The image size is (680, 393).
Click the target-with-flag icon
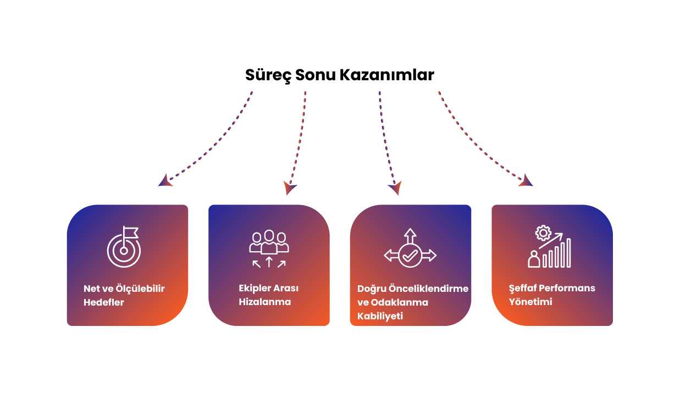coord(124,248)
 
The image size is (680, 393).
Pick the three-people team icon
coord(269,242)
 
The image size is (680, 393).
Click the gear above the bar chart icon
coord(543,233)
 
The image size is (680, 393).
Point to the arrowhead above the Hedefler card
coord(165,181)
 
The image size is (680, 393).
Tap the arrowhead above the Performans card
coord(527,181)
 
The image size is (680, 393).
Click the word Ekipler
coord(255,288)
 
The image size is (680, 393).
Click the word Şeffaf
coord(522,288)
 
